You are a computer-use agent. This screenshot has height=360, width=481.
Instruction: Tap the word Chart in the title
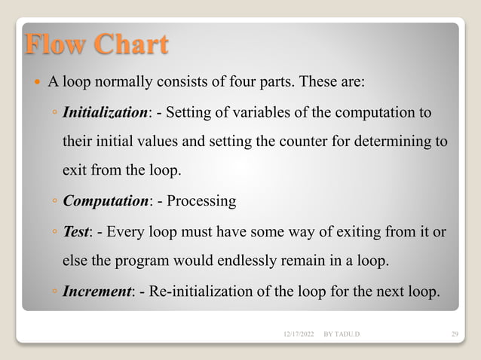(x=129, y=45)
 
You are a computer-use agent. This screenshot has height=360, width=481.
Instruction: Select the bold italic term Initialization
(x=105, y=113)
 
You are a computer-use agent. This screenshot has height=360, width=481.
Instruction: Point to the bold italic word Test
(x=77, y=231)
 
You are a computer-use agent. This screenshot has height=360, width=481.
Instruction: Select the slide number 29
(x=454, y=332)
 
